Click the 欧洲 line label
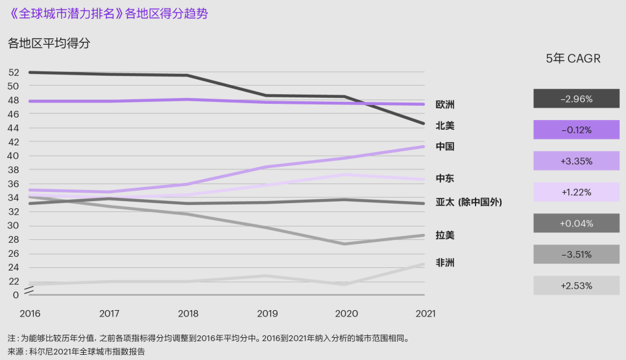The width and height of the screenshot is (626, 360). point(445,104)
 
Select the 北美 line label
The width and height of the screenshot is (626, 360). point(445,125)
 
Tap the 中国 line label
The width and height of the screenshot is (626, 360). point(445,147)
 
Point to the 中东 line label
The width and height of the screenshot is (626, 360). point(445,178)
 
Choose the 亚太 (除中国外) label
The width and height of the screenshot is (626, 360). point(468,202)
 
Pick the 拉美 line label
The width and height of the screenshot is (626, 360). point(445,235)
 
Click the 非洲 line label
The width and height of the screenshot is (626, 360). point(445,263)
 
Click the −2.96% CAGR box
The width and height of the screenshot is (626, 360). point(576,99)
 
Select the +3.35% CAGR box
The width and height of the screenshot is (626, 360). point(576,161)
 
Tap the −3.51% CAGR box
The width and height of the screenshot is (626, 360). point(576,254)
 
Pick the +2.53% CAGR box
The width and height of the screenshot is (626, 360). point(576,285)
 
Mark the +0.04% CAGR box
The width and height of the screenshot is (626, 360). point(576,223)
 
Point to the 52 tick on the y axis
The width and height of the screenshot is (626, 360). point(14,72)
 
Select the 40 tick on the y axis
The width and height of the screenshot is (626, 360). point(14,156)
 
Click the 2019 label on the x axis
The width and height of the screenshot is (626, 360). point(267,313)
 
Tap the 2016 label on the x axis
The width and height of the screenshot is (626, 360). point(30,313)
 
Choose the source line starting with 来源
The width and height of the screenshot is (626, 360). point(77,351)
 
